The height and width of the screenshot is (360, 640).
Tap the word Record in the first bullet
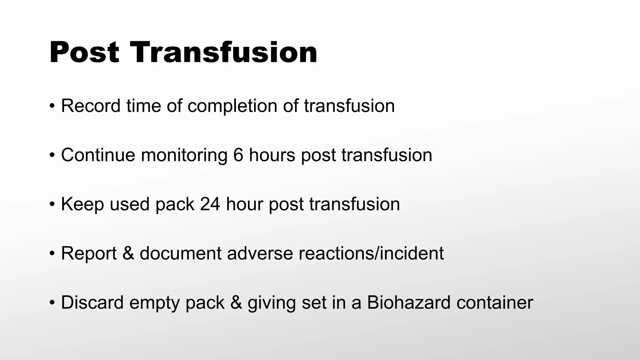[91, 106]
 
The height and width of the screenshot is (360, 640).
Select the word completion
[232, 106]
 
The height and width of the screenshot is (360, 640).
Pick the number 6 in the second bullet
[238, 155]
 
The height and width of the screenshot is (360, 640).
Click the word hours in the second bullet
[272, 155]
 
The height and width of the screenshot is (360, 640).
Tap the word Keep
[82, 204]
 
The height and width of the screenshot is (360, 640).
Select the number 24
[210, 204]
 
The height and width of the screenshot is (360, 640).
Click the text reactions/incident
[371, 253]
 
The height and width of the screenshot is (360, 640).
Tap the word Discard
[92, 302]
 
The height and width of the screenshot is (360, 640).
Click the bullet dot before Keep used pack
[52, 205]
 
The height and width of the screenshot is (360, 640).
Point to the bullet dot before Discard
[52, 303]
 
